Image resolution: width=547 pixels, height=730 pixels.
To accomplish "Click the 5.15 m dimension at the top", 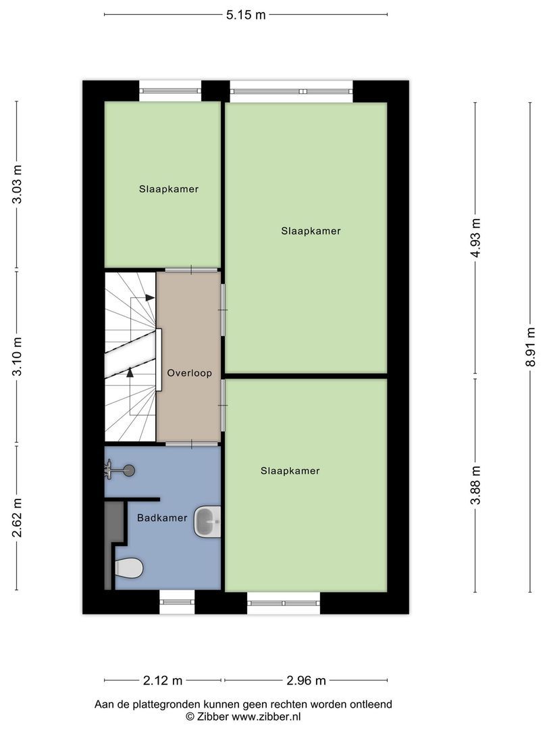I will [x=246, y=14].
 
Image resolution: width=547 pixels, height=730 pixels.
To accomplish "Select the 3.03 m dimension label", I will [x=18, y=185].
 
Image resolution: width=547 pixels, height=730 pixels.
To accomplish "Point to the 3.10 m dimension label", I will [x=18, y=358].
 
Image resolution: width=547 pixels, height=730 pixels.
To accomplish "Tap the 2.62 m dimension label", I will [x=18, y=518].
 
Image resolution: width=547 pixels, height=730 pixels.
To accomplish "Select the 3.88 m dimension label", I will [x=476, y=485].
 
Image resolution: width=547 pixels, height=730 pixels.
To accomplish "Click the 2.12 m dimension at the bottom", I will [x=163, y=680].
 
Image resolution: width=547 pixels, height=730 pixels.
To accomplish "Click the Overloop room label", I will [x=190, y=372].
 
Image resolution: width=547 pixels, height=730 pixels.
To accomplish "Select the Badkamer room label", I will [x=162, y=518].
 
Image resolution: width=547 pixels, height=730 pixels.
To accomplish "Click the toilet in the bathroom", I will [x=128, y=568].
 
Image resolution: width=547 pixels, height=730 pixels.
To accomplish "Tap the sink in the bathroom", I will [x=207, y=521].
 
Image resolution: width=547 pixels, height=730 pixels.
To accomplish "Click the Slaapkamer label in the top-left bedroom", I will [x=169, y=189].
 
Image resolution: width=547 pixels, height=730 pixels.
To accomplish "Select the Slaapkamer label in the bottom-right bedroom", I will [x=290, y=470].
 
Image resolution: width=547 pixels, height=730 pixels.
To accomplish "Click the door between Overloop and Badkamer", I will [x=192, y=443].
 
